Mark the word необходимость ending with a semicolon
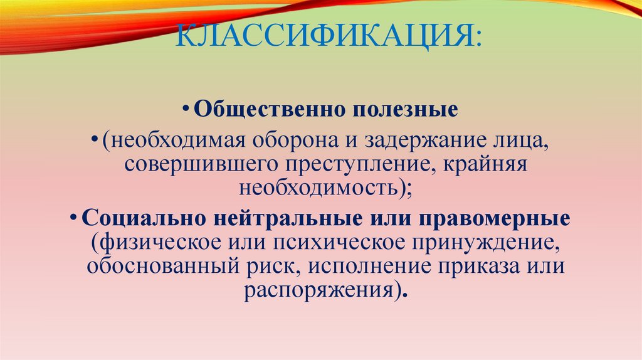coord(324,188)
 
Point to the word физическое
coord(152,242)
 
